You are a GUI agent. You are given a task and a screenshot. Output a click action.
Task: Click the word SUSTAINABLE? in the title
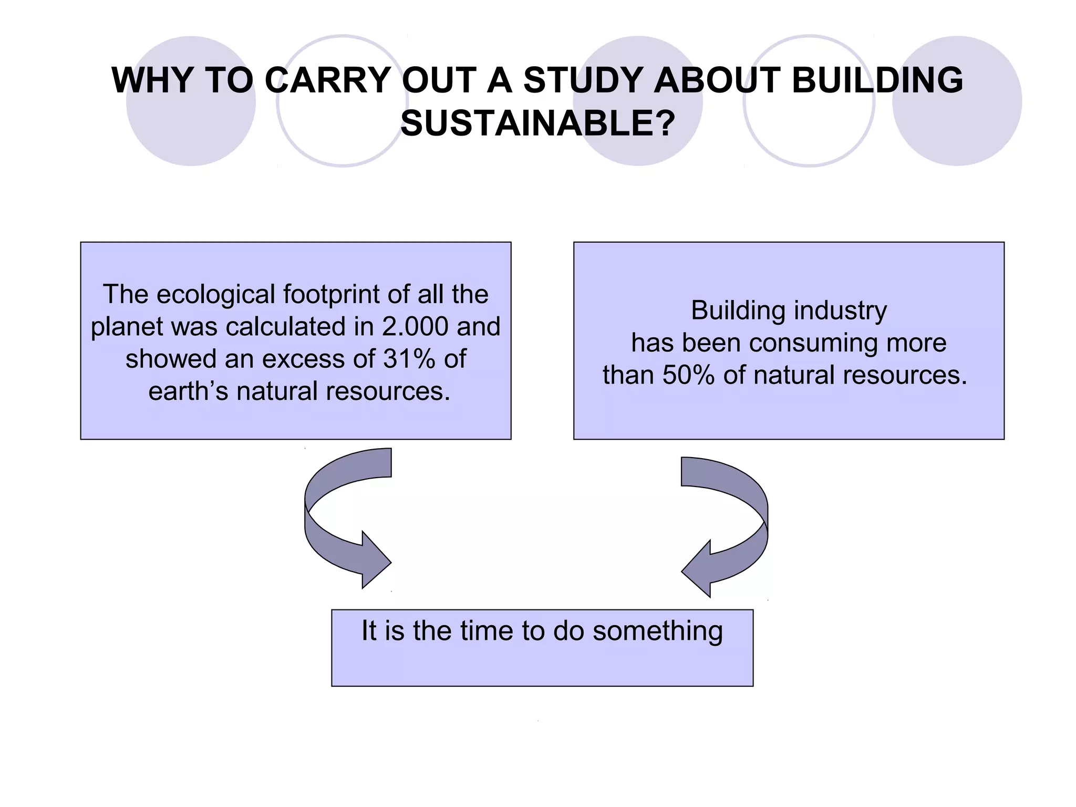tap(537, 124)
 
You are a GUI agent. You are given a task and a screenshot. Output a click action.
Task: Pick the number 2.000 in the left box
tap(415, 327)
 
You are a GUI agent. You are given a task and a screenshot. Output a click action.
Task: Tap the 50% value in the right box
tap(688, 376)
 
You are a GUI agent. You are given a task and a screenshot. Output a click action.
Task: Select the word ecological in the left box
tap(215, 295)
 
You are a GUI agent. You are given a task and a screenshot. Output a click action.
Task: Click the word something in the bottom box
tap(657, 631)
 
